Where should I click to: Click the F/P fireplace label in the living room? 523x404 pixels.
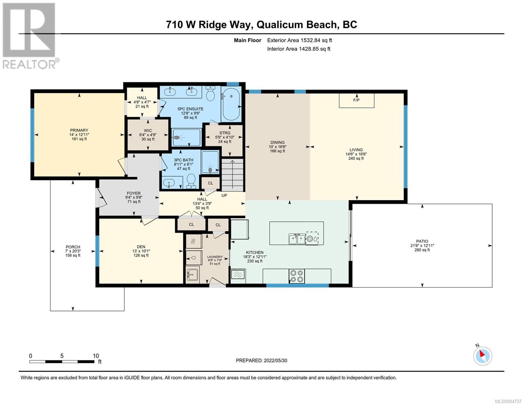[x=356, y=100]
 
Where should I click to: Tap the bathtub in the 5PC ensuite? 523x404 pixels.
[x=231, y=104]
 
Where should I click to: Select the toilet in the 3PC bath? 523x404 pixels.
[x=191, y=181]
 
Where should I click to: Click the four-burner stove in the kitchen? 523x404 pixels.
[x=296, y=276]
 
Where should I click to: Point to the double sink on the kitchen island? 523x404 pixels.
[x=297, y=239]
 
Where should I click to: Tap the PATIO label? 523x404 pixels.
[x=422, y=241]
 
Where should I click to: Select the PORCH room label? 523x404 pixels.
[x=73, y=247]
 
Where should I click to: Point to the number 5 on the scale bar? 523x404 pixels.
[x=62, y=356]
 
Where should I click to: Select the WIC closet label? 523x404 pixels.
[x=148, y=131]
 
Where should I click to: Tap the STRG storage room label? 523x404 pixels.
[x=225, y=133]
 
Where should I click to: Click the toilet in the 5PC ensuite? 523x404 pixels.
[x=211, y=94]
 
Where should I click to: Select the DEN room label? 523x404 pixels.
[x=141, y=247]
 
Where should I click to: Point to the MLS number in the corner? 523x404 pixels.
[x=508, y=401]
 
